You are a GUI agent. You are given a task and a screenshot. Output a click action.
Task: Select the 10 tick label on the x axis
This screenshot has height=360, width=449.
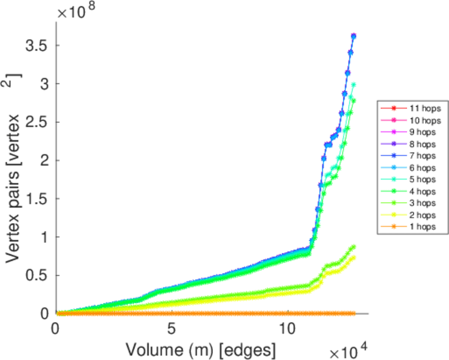pyautogui.click(x=288, y=329)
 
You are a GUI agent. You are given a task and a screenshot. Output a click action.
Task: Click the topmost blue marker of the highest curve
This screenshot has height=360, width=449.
pyautogui.click(x=354, y=36)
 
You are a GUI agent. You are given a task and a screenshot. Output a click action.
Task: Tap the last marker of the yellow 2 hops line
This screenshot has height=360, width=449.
pyautogui.click(x=354, y=258)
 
